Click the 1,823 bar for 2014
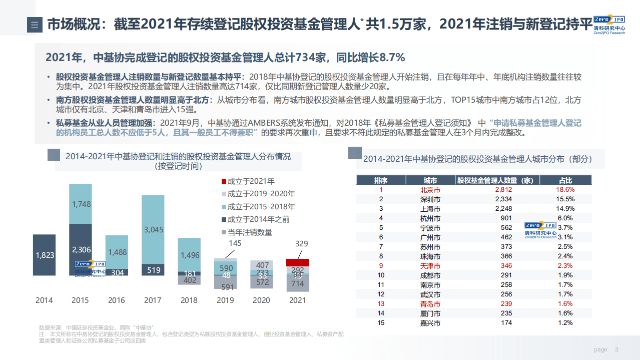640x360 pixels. (44, 255)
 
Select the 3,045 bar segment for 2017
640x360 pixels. (153, 229)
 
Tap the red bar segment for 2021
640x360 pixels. (297, 262)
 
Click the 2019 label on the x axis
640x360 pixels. (225, 300)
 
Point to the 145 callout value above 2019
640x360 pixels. (235, 243)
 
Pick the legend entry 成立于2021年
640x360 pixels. (250, 181)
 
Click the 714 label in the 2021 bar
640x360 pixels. (297, 284)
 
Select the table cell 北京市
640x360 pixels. (430, 190)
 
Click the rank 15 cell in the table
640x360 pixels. (381, 323)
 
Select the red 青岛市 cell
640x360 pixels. (430, 304)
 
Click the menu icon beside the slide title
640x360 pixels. (35, 25)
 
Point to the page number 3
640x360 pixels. (616, 349)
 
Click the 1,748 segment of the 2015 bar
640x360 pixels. (80, 204)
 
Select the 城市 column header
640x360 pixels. (430, 180)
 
